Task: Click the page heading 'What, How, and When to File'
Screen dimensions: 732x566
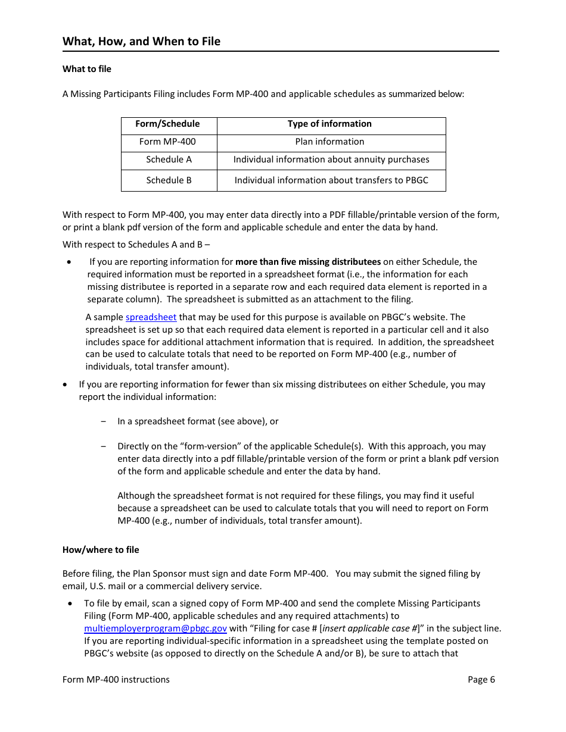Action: click(x=141, y=41)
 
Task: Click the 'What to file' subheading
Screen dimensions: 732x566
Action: click(x=87, y=69)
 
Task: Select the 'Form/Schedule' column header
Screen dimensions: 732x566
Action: click(x=167, y=124)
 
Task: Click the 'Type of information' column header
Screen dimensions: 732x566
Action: click(x=329, y=124)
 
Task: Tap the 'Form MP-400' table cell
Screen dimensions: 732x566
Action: click(x=167, y=142)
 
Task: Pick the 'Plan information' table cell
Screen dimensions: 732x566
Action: click(x=329, y=142)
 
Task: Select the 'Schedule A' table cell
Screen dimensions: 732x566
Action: click(x=169, y=159)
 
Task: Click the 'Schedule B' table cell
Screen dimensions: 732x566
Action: click(x=169, y=180)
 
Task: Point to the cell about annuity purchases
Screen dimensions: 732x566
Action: click(x=331, y=159)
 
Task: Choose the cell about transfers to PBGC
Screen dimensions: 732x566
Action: click(x=331, y=180)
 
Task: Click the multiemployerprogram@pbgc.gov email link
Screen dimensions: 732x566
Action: click(x=156, y=628)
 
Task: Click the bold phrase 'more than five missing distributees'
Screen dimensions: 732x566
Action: click(x=308, y=262)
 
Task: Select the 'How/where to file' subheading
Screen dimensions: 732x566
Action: click(x=101, y=550)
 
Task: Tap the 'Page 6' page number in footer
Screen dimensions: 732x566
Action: click(x=481, y=680)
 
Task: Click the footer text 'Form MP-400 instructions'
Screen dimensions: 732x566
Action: click(x=116, y=680)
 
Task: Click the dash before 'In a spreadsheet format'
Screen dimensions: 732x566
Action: click(x=104, y=421)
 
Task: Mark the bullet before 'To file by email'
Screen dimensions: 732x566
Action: click(x=71, y=603)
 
